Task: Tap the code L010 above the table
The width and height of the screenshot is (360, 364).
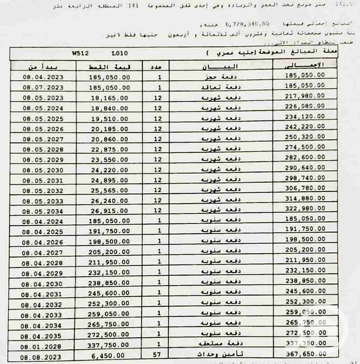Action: [121, 53]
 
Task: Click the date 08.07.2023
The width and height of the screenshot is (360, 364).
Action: [43, 87]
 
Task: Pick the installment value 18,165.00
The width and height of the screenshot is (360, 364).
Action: [109, 98]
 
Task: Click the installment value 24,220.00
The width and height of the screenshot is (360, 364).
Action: [109, 171]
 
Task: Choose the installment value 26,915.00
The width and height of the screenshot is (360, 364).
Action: [109, 211]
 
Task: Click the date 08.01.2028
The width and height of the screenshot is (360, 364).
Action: [43, 346]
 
